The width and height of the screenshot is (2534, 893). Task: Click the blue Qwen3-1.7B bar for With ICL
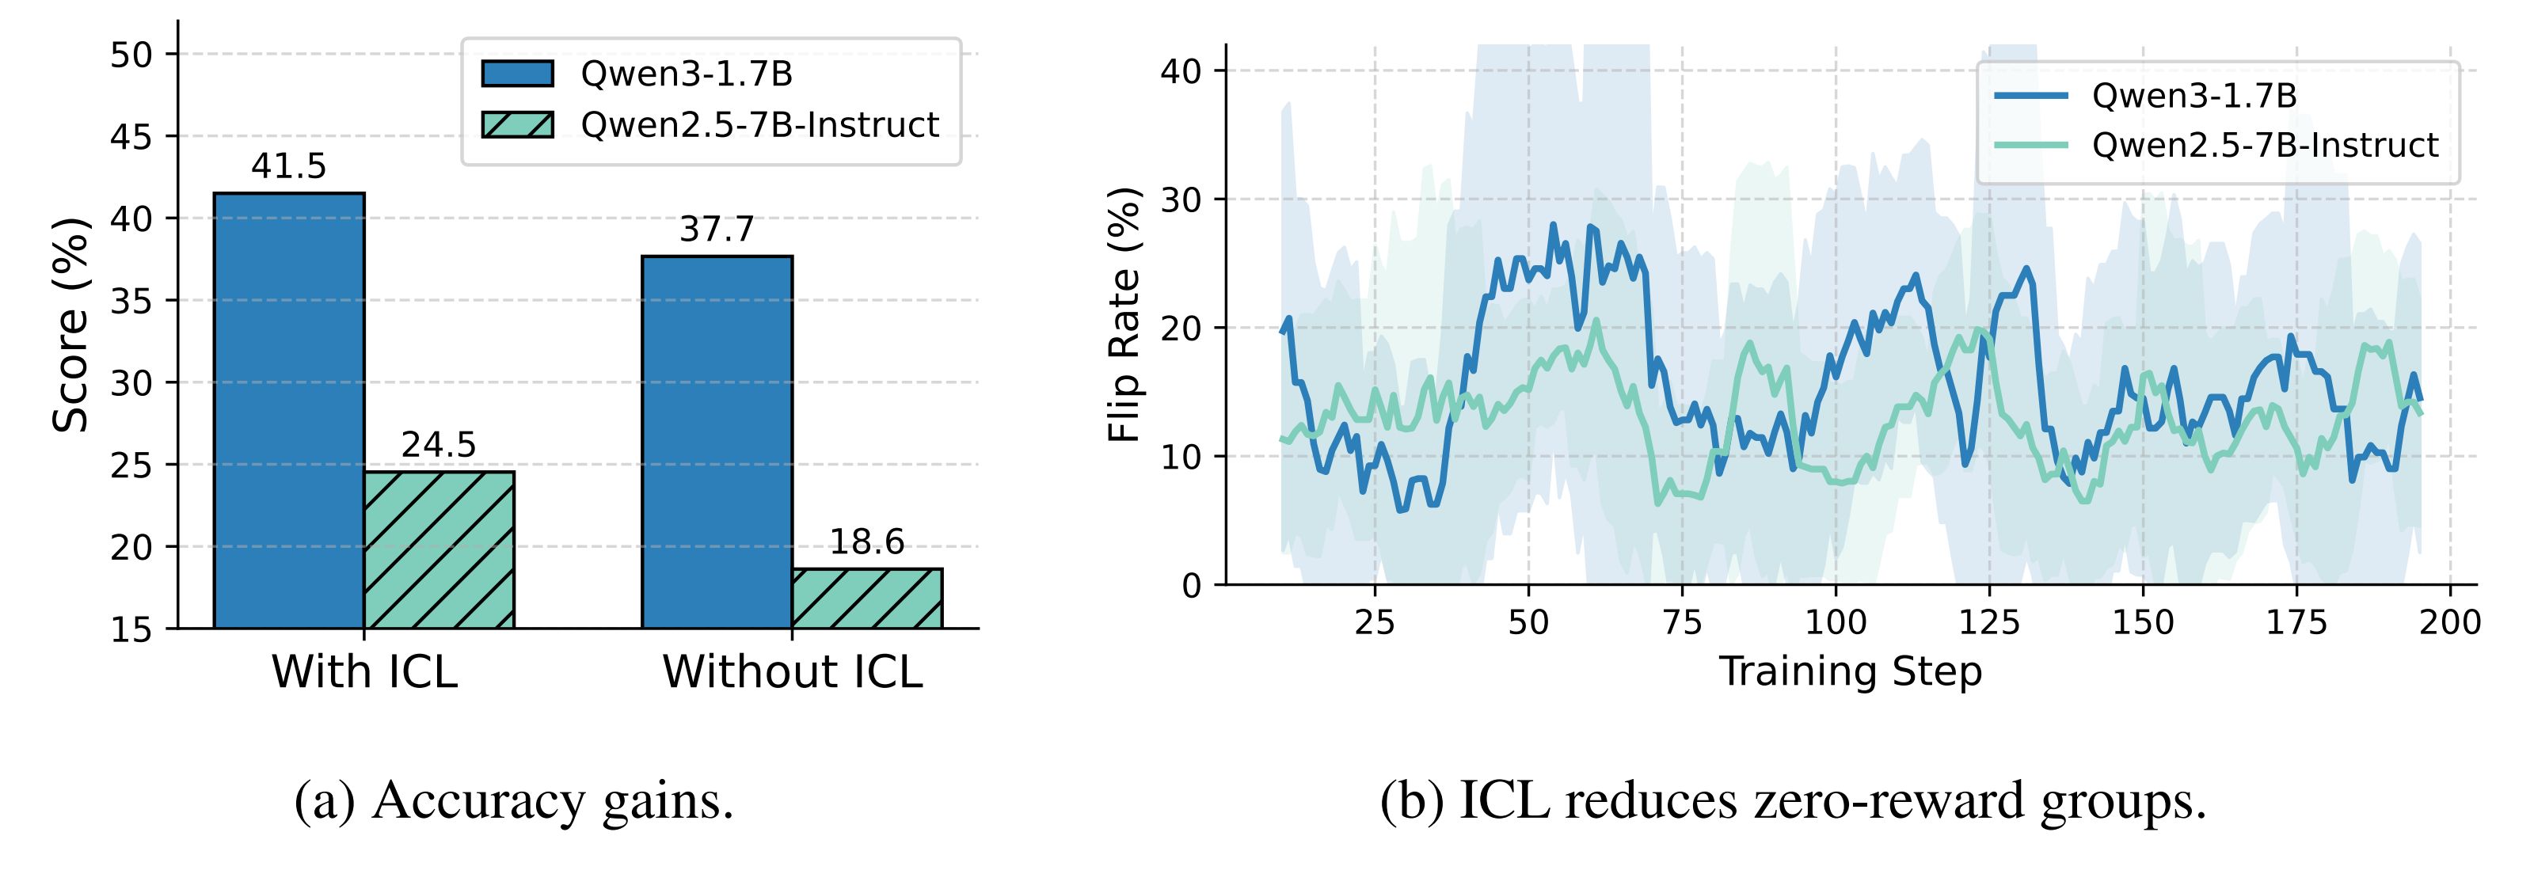point(288,410)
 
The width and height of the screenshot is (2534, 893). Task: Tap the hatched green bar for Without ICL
point(866,598)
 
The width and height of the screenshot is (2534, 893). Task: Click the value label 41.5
point(288,166)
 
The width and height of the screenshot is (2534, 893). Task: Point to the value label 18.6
point(866,542)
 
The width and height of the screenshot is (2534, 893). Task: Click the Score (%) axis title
point(70,325)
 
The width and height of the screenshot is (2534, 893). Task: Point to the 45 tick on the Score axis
point(131,137)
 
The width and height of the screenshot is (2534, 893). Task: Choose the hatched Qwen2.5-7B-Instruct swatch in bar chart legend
point(516,125)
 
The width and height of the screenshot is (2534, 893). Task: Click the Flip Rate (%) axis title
point(1124,315)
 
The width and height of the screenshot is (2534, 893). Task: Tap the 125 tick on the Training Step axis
point(1989,622)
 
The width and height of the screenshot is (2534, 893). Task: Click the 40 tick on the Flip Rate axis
point(1181,70)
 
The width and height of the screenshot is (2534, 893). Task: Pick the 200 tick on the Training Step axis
point(2449,622)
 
